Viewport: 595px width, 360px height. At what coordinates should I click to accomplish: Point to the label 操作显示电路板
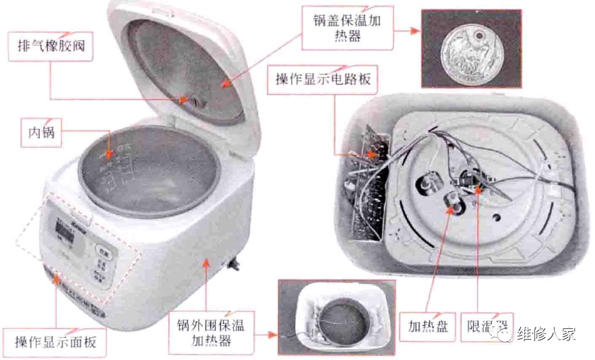[x=323, y=80]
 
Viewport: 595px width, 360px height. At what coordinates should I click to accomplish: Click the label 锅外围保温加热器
[x=211, y=334]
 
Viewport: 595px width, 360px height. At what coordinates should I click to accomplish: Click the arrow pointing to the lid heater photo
[x=404, y=31]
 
